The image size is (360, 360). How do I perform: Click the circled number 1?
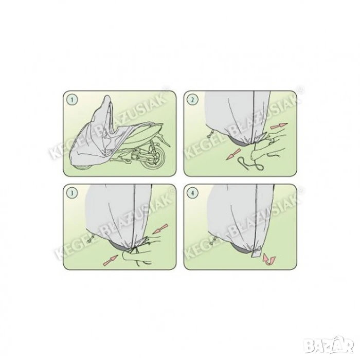tap(72, 100)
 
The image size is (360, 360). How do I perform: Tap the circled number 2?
tap(193, 100)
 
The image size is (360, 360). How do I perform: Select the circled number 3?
tap(72, 193)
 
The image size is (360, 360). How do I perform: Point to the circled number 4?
tap(193, 193)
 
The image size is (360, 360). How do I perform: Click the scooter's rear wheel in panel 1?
tap(153, 158)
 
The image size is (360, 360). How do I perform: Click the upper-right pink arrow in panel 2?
tap(279, 126)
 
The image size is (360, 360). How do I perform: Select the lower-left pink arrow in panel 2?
tap(233, 154)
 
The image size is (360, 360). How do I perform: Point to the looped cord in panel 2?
tap(251, 164)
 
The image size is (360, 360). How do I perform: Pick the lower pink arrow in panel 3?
tap(111, 260)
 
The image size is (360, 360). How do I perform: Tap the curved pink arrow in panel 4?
tap(269, 259)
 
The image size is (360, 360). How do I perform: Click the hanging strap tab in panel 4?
tap(256, 253)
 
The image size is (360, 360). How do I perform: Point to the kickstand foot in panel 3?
tap(90, 238)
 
